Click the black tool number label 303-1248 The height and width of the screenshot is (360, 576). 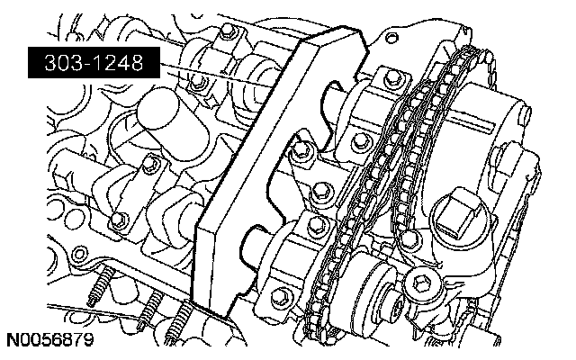94,62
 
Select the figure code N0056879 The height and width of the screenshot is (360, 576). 50,340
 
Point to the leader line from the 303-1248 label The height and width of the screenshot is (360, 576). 217,76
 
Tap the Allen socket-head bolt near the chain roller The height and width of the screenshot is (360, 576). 420,283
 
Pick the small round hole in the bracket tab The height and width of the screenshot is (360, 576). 392,37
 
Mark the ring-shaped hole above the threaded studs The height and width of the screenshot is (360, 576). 79,254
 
